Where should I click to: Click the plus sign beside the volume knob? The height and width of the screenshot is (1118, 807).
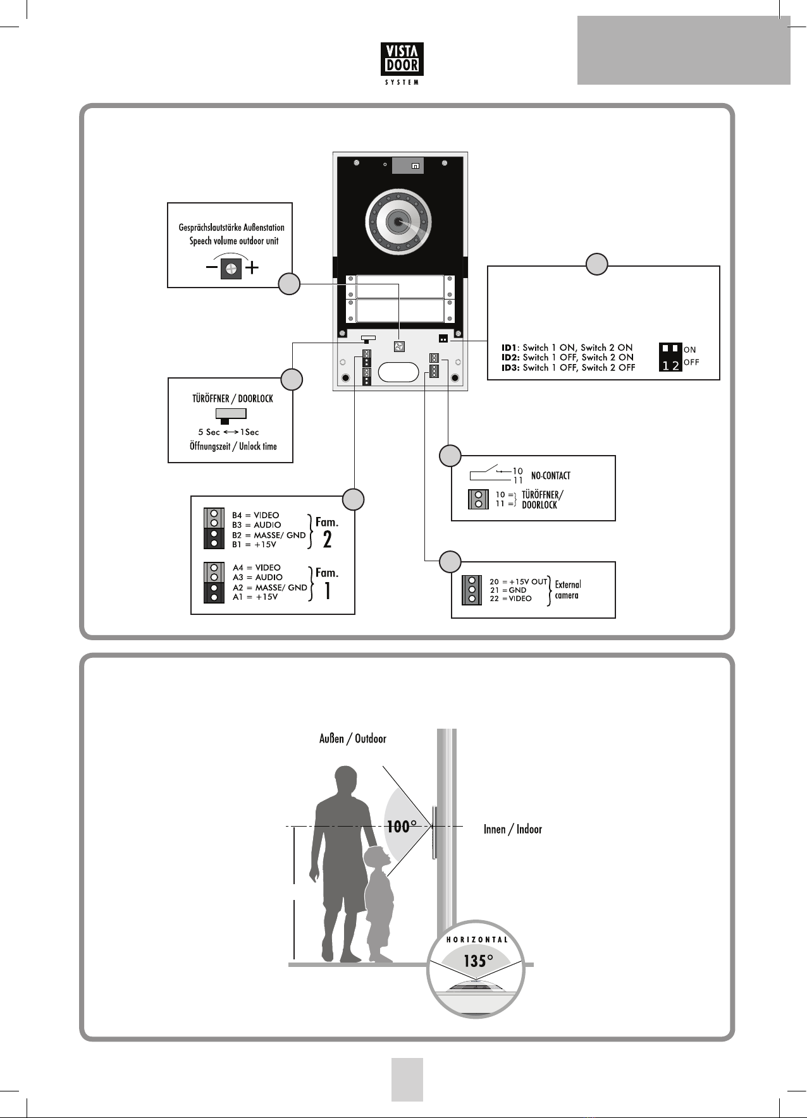pyautogui.click(x=252, y=268)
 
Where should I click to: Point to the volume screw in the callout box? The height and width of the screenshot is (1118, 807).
pyautogui.click(x=231, y=269)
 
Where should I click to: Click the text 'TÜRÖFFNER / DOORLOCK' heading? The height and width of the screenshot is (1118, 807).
pyautogui.click(x=233, y=399)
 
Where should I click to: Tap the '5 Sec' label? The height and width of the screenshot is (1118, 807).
pyautogui.click(x=209, y=432)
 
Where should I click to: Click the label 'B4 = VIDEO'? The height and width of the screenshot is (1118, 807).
pyautogui.click(x=256, y=515)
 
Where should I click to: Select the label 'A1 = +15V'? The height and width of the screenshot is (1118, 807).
pyautogui.click(x=255, y=597)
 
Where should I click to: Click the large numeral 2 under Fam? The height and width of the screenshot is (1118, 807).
pyautogui.click(x=327, y=540)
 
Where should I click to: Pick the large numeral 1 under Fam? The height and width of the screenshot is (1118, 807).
pyautogui.click(x=328, y=590)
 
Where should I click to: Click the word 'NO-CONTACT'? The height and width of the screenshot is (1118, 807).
pyautogui.click(x=550, y=476)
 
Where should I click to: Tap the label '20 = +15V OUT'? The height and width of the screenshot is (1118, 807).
pyautogui.click(x=518, y=581)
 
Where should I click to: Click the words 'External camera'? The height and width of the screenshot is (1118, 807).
pyautogui.click(x=567, y=590)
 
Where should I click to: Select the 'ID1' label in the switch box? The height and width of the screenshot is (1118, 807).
pyautogui.click(x=509, y=348)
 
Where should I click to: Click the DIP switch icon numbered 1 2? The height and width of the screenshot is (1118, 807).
pyautogui.click(x=670, y=357)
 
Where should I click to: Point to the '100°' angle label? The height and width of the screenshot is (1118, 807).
pyautogui.click(x=402, y=826)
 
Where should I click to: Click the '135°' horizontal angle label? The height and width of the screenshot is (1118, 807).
pyautogui.click(x=478, y=961)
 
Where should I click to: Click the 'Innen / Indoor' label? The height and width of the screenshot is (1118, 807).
pyautogui.click(x=513, y=829)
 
